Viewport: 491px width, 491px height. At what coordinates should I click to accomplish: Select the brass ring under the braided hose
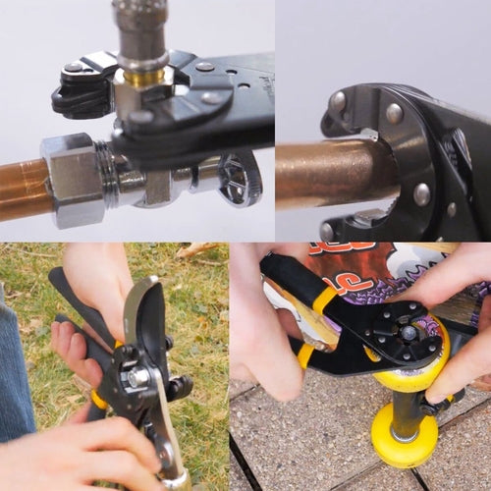pyautogui.click(x=143, y=76)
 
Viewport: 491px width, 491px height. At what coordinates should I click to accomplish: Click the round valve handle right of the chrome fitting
pyautogui.click(x=239, y=178)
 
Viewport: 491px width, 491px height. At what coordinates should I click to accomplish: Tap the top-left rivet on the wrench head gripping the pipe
pyautogui.click(x=339, y=100)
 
